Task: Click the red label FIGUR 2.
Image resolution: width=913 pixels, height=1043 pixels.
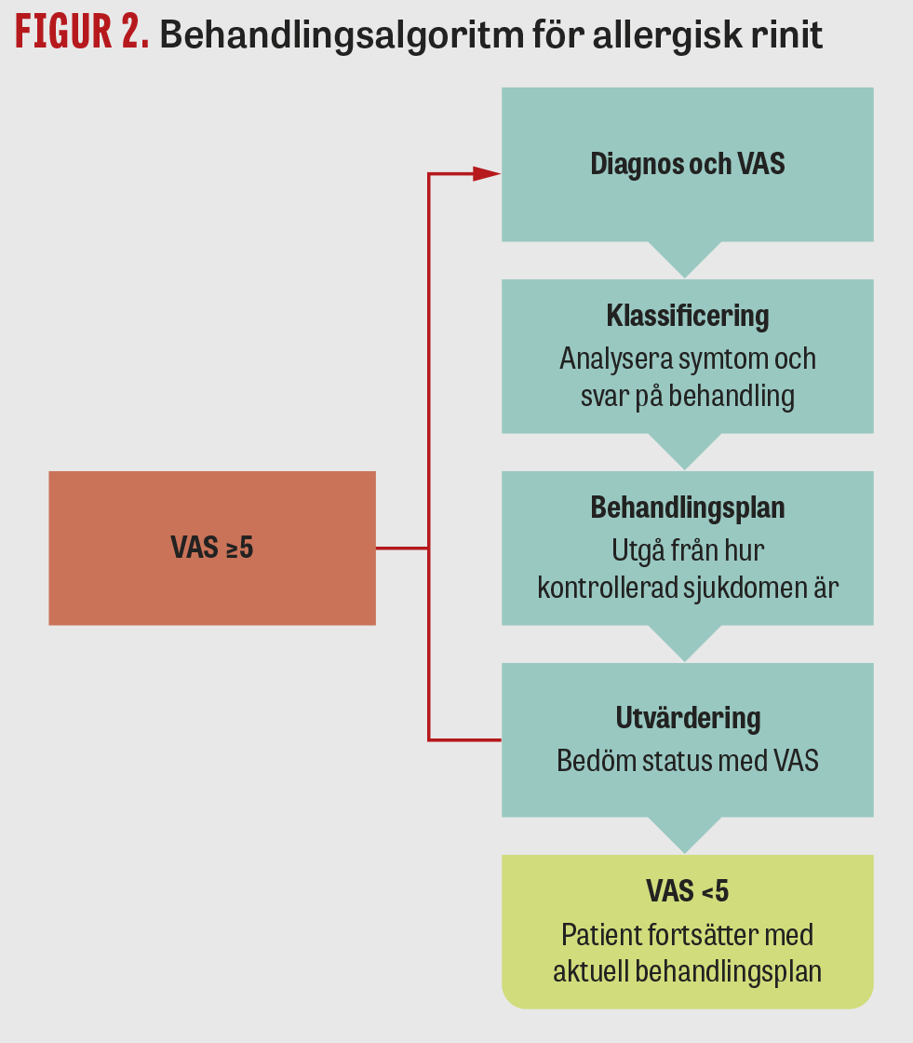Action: pyautogui.click(x=82, y=34)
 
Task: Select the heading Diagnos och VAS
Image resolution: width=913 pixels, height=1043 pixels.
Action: pyautogui.click(x=688, y=164)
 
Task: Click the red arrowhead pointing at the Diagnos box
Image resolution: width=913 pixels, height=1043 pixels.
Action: pyautogui.click(x=487, y=174)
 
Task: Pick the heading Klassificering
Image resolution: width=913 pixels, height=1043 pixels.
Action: pyautogui.click(x=688, y=316)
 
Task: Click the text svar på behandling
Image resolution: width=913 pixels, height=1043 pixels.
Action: pyautogui.click(x=688, y=397)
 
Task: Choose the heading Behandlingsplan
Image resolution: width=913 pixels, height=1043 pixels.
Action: pyautogui.click(x=688, y=508)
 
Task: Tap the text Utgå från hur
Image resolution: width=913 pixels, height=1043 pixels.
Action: pyautogui.click(x=688, y=550)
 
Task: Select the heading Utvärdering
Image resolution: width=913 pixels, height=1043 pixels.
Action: pyautogui.click(x=688, y=718)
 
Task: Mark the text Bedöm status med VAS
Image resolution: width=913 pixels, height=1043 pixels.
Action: pyautogui.click(x=688, y=760)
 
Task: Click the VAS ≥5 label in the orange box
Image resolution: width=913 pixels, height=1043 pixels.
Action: pyautogui.click(x=212, y=548)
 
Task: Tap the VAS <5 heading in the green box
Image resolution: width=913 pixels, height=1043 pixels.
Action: pyautogui.click(x=688, y=891)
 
